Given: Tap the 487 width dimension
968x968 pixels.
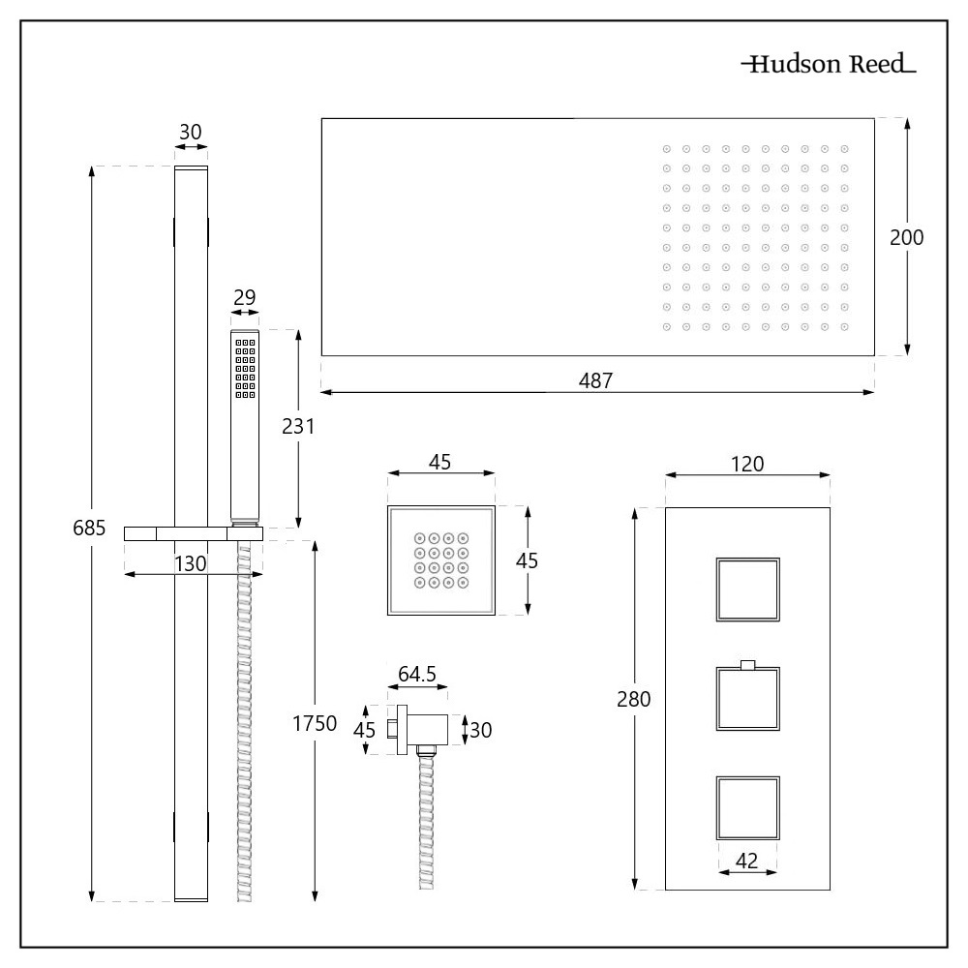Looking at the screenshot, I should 596,381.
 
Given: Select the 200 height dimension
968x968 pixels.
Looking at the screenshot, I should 907,238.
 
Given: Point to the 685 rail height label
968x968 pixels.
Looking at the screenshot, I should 89,529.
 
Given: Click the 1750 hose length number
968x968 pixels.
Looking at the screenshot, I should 314,724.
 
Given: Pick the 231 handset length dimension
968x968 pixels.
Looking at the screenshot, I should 296,426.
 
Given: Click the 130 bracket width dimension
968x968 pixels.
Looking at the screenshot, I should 191,564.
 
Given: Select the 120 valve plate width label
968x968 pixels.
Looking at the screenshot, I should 747,464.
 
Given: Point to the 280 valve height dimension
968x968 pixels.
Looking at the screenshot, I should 633,699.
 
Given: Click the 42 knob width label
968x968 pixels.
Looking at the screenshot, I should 747,861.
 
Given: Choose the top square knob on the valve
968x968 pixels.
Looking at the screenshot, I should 747,590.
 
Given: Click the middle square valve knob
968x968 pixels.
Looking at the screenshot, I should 747,698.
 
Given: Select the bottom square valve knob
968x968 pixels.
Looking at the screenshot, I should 747,807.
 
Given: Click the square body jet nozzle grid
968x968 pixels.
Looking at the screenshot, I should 440,560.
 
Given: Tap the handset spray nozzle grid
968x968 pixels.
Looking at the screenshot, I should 245,369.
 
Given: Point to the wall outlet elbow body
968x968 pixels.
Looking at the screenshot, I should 426,729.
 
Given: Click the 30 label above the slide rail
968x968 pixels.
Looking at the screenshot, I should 191,131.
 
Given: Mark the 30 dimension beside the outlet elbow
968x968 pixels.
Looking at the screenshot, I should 481,730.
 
